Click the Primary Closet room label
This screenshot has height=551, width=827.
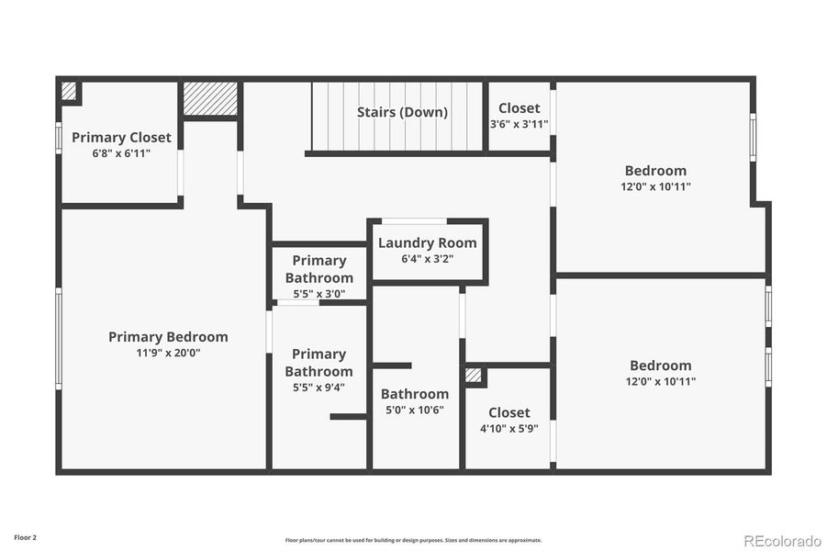click(x=121, y=138)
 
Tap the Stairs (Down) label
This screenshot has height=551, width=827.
click(x=402, y=112)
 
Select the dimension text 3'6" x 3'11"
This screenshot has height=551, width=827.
click(x=519, y=124)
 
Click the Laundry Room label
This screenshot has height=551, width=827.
click(x=427, y=243)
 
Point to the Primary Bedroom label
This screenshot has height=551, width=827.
click(x=168, y=337)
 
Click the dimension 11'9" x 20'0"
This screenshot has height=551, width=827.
click(x=168, y=353)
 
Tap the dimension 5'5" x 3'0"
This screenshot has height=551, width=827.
click(x=319, y=294)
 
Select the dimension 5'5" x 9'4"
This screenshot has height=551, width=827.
click(x=319, y=388)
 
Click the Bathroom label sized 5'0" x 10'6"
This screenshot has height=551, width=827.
click(x=415, y=394)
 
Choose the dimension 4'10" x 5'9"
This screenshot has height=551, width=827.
click(x=508, y=428)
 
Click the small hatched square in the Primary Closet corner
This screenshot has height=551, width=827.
click(x=69, y=90)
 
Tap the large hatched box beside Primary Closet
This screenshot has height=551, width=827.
click(x=210, y=99)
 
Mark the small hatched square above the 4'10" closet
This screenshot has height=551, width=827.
click(x=473, y=375)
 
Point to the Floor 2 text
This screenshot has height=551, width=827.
click(x=26, y=536)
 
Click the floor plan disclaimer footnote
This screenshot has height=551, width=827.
click(x=413, y=540)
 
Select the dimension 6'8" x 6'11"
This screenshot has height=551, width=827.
click(x=121, y=153)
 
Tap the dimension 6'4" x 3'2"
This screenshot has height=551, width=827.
click(x=427, y=259)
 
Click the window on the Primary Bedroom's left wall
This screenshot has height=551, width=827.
click(x=59, y=337)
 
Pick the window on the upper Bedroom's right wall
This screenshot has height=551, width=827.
click(x=753, y=138)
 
